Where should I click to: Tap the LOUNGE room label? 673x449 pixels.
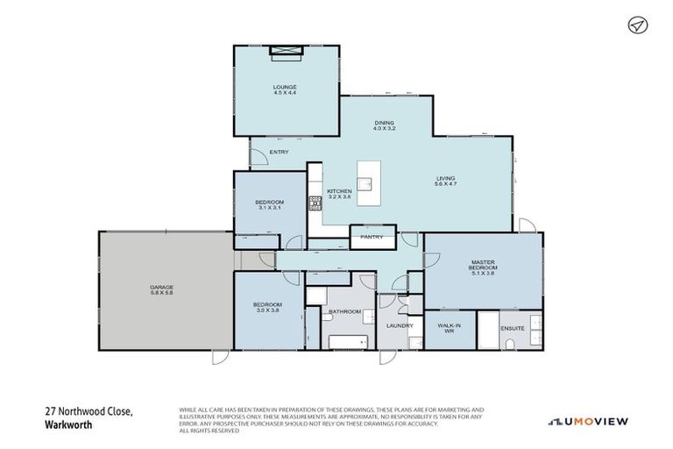pos(285,89)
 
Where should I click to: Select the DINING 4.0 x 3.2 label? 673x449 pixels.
pos(384,125)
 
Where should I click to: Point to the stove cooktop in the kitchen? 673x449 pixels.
pos(315,204)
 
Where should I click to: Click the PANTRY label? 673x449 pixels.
pos(372,237)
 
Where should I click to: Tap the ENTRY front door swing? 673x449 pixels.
pos(259,159)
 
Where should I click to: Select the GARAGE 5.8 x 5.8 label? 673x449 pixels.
pos(161,290)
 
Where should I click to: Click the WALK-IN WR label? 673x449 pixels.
pos(449,329)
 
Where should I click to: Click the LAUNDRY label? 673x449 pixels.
pos(400,325)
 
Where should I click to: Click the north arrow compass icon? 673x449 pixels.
pos(637,25)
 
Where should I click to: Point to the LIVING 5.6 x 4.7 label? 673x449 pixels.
pos(446,182)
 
